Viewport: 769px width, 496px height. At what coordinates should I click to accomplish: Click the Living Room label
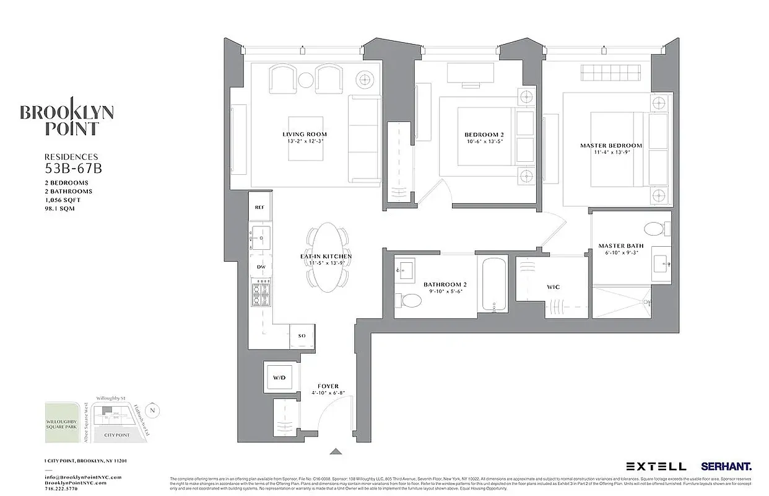coord(304,134)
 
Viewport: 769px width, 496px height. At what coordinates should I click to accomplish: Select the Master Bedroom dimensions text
coord(610,153)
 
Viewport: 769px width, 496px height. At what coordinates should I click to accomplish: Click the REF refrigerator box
coord(259,207)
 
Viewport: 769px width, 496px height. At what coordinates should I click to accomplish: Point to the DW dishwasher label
coord(261,267)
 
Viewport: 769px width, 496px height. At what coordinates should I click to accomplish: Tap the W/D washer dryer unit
coord(279,377)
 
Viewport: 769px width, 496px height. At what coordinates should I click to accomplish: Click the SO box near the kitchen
coord(302,336)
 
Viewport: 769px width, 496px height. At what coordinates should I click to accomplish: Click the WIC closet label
coord(554,287)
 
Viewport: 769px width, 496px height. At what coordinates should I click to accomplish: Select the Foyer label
coord(328,386)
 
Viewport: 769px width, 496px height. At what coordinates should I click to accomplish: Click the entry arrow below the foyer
coord(336,452)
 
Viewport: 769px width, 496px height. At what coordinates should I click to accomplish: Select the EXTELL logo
coord(656,466)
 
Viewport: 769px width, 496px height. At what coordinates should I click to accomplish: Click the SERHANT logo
coord(726,466)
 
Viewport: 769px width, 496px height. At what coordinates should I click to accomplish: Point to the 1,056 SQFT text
coord(62,200)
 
